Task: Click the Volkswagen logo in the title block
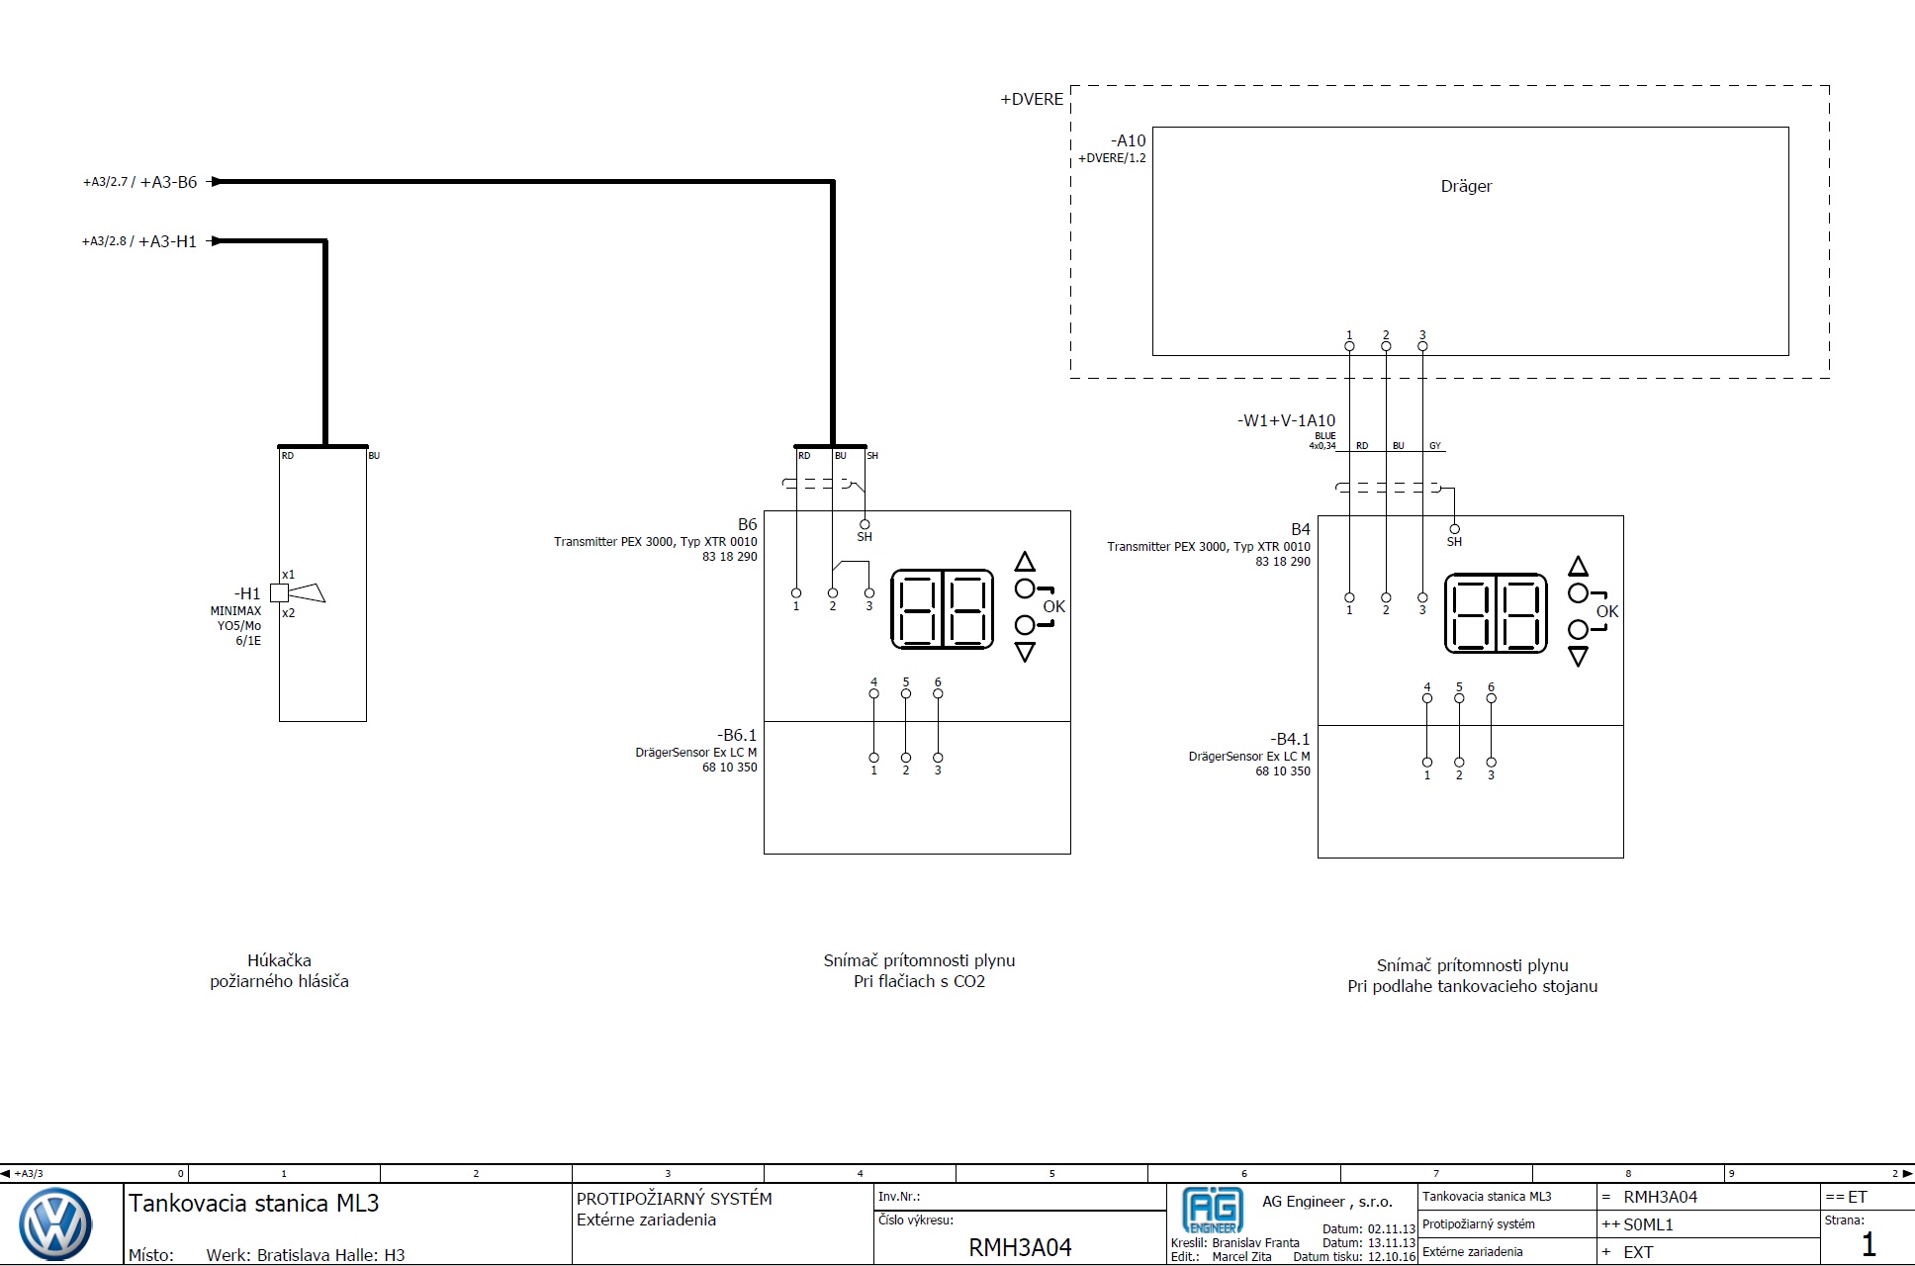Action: (x=56, y=1224)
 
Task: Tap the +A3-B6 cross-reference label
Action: (x=169, y=182)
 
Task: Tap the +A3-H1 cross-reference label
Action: (x=167, y=241)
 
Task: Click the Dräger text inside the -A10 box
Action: (x=1466, y=186)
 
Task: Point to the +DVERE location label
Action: (x=1032, y=99)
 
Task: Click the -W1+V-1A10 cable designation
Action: (x=1286, y=420)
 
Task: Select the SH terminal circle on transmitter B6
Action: (x=865, y=524)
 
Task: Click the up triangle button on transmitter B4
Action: (x=1579, y=567)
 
